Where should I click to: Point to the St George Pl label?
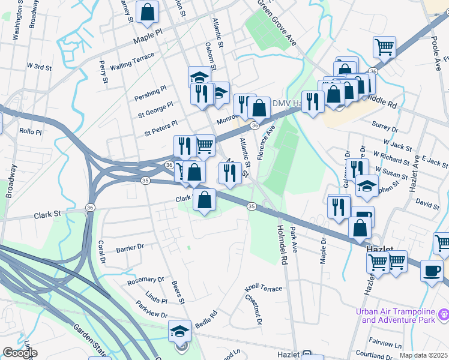coord(155,108)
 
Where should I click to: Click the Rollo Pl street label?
coord(30,131)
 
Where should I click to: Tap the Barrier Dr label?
coord(130,247)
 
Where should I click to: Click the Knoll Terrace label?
coord(264,289)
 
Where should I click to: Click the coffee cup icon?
coord(432,271)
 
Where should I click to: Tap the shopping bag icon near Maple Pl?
coord(147,12)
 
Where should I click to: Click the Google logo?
coord(20,353)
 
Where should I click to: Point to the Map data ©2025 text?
coord(423,355)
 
